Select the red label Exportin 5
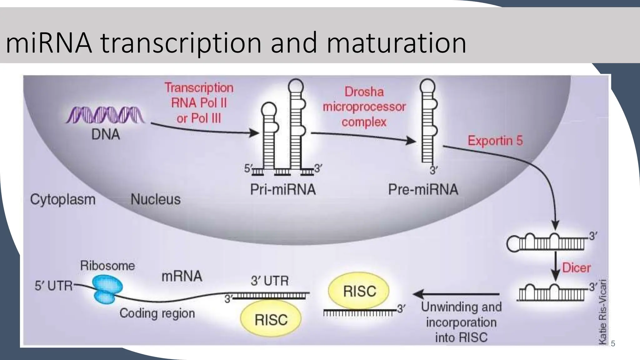495,141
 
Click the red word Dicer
576,268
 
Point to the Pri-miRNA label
283,190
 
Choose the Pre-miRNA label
423,190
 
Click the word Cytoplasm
62,199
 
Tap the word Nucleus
155,199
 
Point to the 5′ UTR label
53,286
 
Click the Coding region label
157,313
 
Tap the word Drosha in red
364,92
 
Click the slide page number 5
613,344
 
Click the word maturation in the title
396,43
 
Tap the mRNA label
182,276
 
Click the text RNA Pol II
199,103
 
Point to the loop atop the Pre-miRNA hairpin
427,85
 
